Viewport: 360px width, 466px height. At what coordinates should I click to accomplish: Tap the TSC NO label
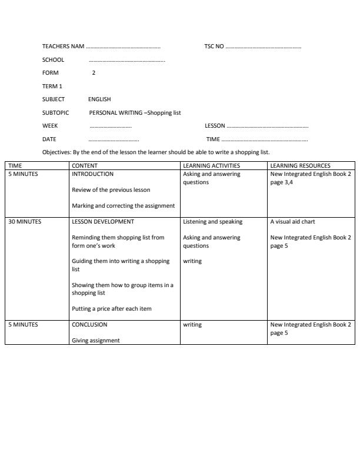214,46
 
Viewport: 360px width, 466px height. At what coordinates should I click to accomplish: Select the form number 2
94,73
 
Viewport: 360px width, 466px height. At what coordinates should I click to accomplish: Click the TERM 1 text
52,86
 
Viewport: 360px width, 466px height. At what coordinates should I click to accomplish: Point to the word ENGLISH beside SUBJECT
99,99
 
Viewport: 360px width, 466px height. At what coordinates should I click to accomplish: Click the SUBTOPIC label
55,112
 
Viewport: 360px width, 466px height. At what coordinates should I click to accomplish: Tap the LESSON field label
215,126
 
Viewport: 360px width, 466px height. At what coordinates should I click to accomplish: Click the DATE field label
49,139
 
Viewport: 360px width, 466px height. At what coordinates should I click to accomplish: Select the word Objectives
56,152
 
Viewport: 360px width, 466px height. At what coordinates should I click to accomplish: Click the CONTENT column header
85,166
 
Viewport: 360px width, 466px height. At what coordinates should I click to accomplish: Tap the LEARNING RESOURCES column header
300,166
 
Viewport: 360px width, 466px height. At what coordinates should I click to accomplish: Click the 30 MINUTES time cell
24,222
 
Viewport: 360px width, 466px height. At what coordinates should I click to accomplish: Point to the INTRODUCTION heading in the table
92,174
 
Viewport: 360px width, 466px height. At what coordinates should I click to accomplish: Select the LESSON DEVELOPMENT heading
103,222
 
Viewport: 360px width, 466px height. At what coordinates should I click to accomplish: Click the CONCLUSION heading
89,324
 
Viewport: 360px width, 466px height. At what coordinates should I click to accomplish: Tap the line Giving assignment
96,340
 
